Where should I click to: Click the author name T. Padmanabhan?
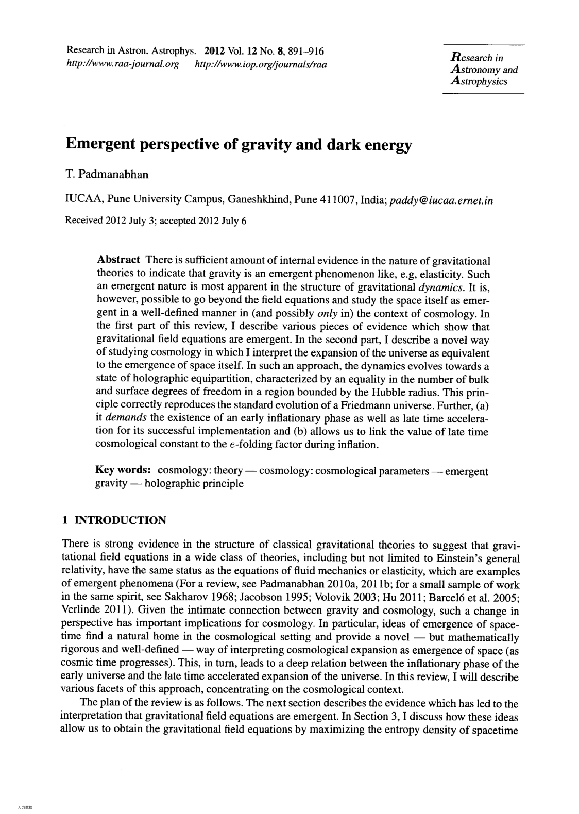[x=107, y=174]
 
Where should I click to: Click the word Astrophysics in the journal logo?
[x=479, y=81]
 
